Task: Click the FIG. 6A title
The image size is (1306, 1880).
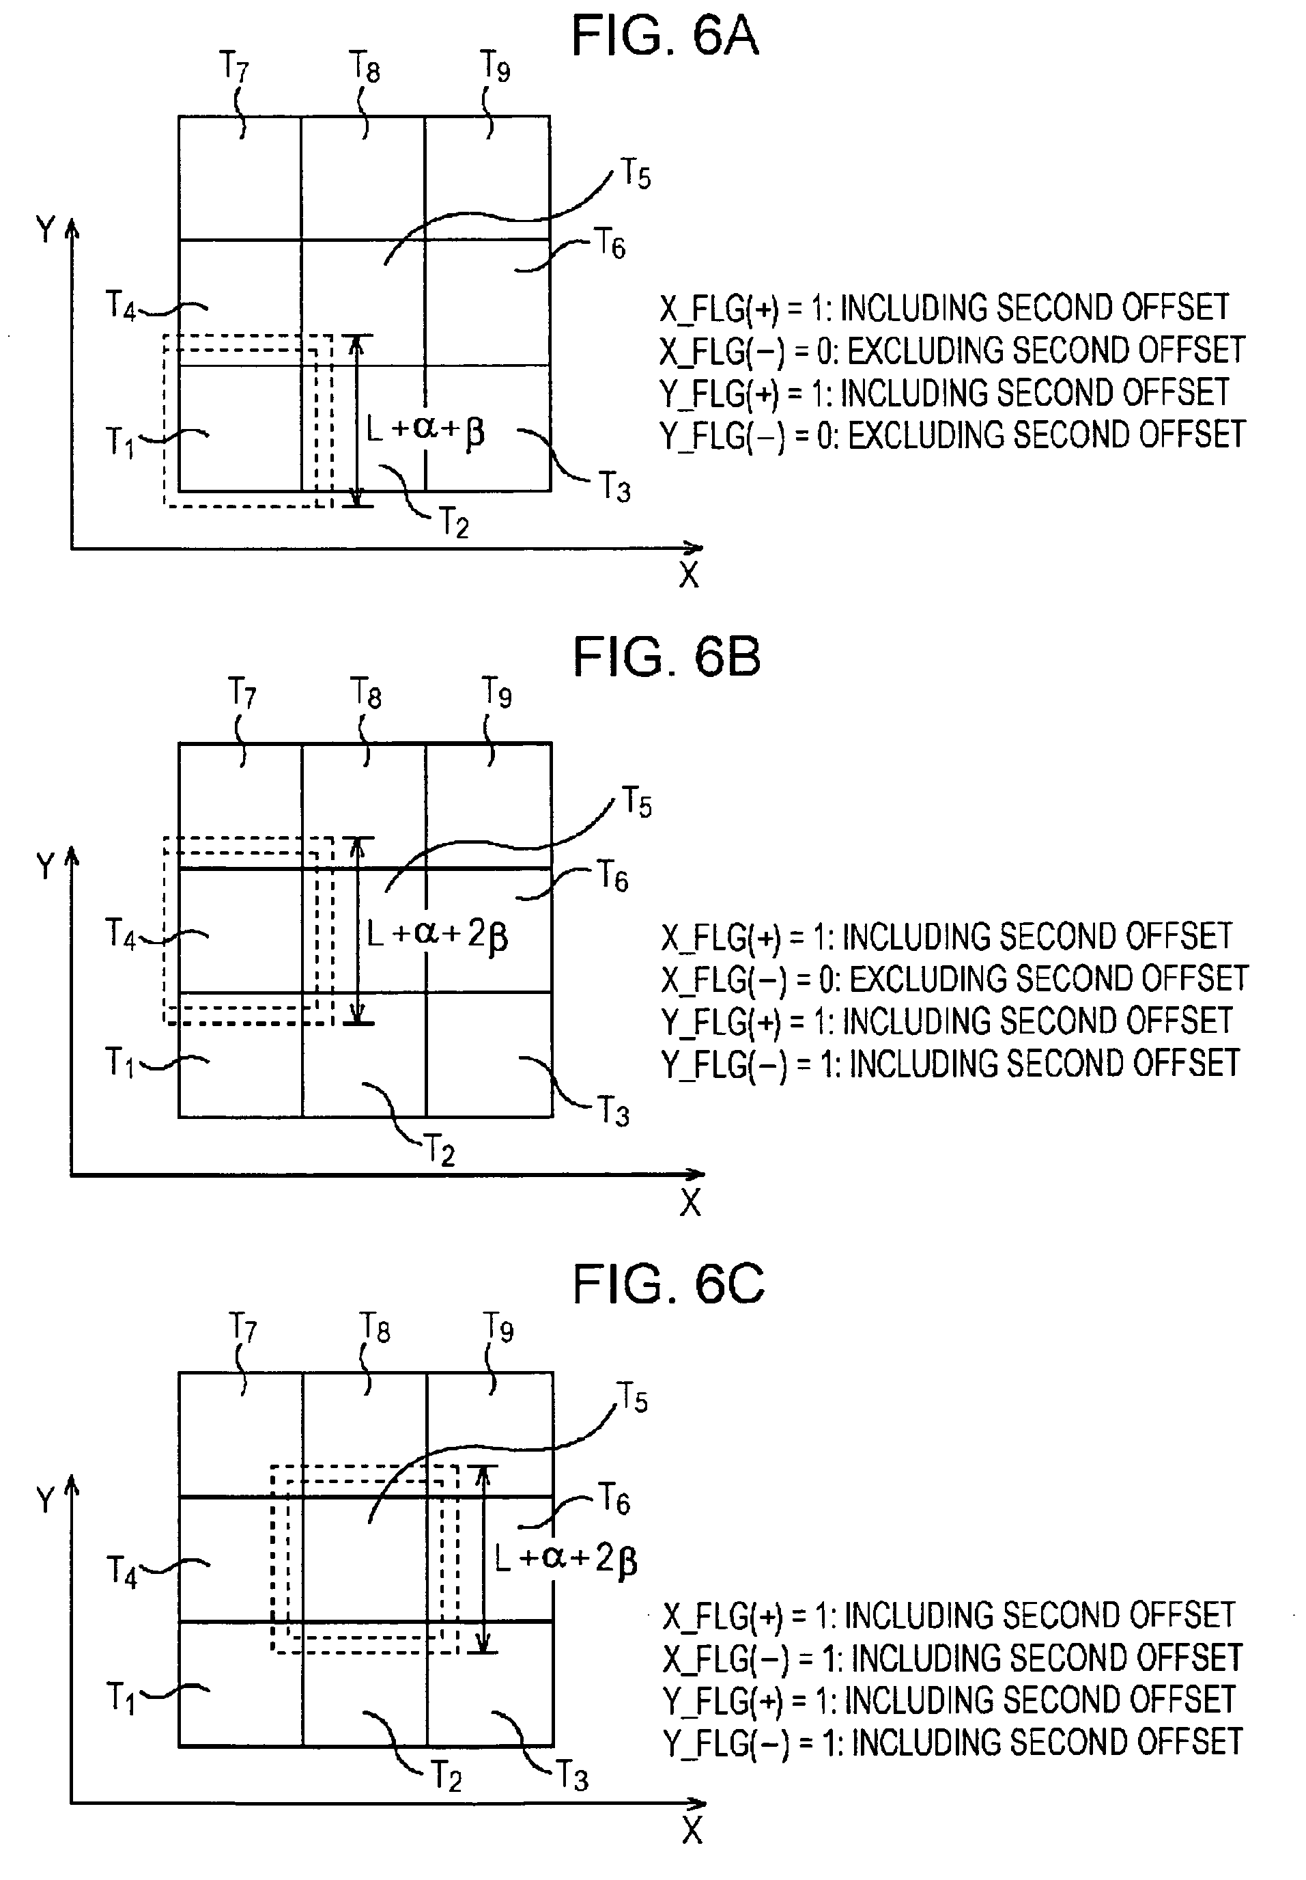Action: click(x=664, y=36)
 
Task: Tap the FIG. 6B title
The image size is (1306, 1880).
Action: click(x=666, y=656)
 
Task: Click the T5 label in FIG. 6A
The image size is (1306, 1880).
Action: click(x=636, y=174)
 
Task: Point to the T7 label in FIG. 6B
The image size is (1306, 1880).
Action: click(x=242, y=693)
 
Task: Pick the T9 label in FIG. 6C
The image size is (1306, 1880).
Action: click(x=498, y=1327)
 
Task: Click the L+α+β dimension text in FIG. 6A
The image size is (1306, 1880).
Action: click(x=425, y=430)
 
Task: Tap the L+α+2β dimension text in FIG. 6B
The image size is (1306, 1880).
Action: click(x=437, y=935)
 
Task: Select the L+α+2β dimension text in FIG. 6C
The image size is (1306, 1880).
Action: click(x=565, y=1558)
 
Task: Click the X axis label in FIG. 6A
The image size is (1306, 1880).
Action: click(x=689, y=576)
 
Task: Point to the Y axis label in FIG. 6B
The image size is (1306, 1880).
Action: click(x=46, y=866)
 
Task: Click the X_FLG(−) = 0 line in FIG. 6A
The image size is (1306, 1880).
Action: click(x=952, y=350)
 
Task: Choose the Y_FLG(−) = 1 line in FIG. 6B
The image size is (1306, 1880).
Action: click(x=951, y=1064)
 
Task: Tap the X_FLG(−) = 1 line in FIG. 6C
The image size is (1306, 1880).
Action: click(x=952, y=1658)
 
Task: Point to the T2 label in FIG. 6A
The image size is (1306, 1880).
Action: click(x=453, y=523)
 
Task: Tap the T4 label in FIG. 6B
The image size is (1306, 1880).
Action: click(x=120, y=933)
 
